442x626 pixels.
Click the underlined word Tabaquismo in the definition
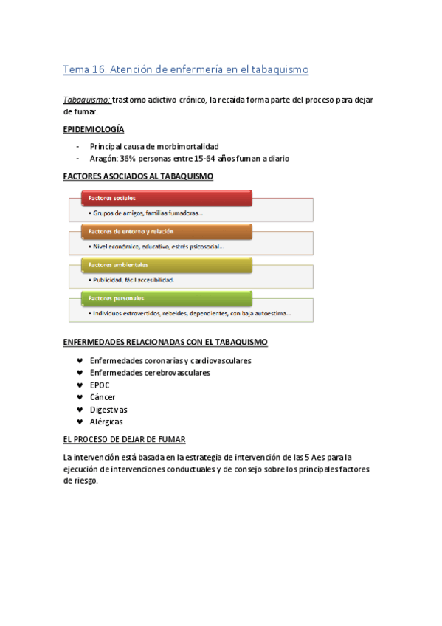87,99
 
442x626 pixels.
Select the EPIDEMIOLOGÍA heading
94,129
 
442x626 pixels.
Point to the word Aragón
105,158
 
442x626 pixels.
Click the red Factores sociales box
166,198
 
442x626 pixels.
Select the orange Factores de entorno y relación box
166,231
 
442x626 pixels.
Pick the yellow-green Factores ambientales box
166,264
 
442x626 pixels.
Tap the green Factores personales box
166,298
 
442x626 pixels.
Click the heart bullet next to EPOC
79,385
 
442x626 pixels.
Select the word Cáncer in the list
103,397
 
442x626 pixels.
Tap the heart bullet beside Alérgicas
79,422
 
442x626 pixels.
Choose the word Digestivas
108,410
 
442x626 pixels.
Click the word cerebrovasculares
173,373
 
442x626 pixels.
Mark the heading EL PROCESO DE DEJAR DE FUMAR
125,438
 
